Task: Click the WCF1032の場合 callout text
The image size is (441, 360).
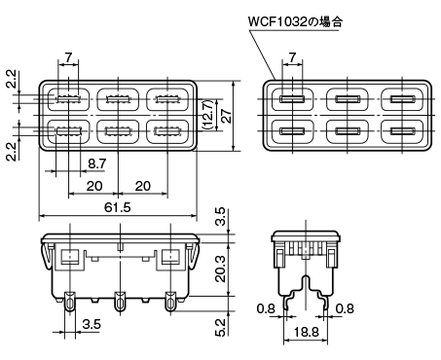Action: click(x=295, y=22)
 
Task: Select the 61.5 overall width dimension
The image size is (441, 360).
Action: click(x=118, y=207)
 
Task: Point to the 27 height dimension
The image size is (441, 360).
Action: click(x=226, y=116)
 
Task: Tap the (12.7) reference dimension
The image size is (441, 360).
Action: click(x=207, y=115)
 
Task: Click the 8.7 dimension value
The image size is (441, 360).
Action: click(x=96, y=163)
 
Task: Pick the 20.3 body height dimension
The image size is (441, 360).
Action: click(x=220, y=269)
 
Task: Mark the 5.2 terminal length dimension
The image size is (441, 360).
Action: click(x=220, y=327)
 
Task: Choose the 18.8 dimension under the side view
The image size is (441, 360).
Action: click(x=306, y=332)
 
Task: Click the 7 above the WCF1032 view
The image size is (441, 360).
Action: click(x=292, y=57)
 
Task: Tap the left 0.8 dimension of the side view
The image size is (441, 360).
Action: click(x=266, y=308)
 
